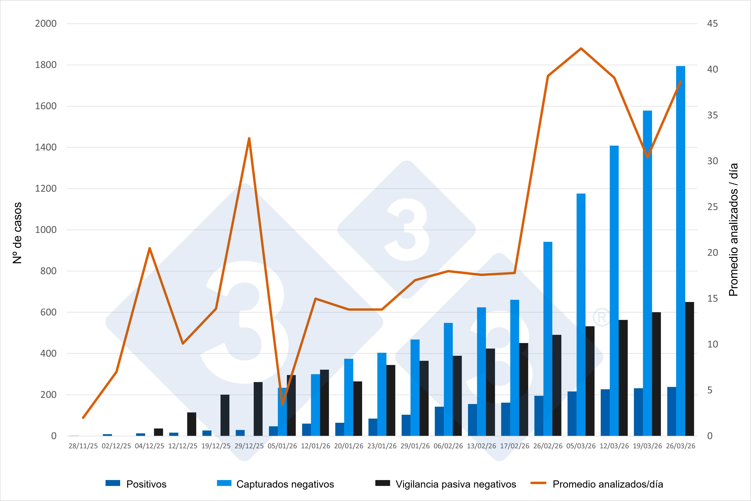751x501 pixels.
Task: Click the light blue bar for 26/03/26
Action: pyautogui.click(x=680, y=251)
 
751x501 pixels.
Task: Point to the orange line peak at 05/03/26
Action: pyautogui.click(x=581, y=49)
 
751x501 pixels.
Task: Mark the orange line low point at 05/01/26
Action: pyautogui.click(x=282, y=405)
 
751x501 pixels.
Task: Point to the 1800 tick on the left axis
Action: pyautogui.click(x=46, y=65)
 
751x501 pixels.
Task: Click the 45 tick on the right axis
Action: pyautogui.click(x=712, y=24)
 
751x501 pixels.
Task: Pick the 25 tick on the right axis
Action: pyautogui.click(x=712, y=207)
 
